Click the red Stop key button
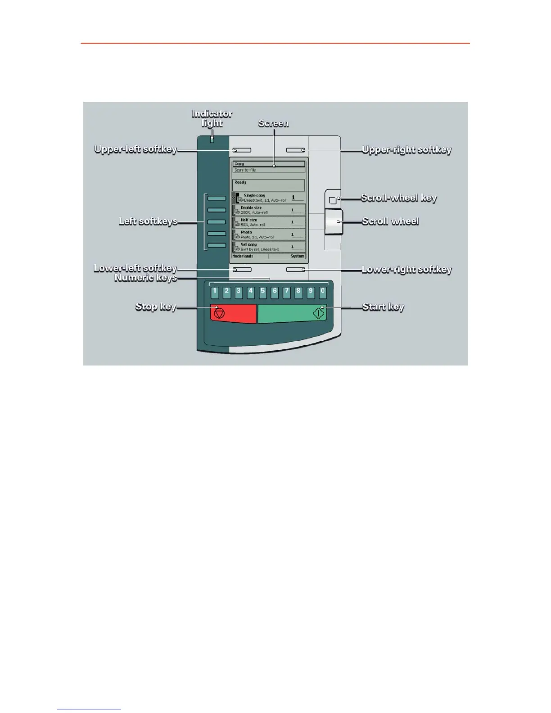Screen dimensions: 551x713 233,313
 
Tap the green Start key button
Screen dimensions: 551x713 292,313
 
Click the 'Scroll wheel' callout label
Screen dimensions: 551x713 390,221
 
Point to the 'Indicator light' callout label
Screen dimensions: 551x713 212,118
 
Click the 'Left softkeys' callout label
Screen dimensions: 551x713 148,221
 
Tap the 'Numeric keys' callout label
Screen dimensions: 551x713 145,278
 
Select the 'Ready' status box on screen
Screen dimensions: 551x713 269,185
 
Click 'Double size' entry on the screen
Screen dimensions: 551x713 269,210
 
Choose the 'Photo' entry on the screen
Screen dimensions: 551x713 269,235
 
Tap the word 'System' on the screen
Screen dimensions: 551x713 297,256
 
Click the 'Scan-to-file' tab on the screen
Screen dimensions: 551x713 269,170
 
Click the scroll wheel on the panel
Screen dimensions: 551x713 334,222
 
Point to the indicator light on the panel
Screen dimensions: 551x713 212,140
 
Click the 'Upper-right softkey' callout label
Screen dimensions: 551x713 406,150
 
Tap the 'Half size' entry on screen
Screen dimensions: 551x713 269,222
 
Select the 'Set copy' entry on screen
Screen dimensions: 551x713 269,247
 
